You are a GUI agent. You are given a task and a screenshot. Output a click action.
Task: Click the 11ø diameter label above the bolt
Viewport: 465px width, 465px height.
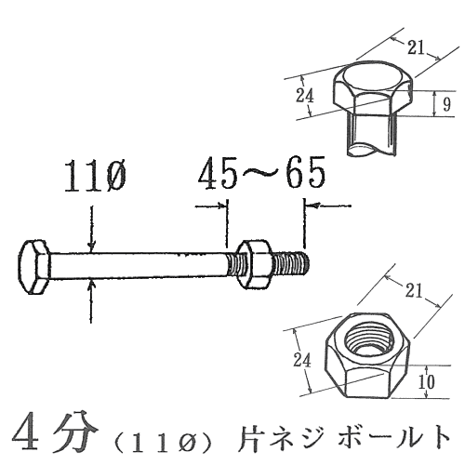pos(95,176)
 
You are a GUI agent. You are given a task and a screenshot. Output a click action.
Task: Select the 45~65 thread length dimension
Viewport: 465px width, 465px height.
pos(262,172)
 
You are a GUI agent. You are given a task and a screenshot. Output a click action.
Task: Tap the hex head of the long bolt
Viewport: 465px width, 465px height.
pos(33,267)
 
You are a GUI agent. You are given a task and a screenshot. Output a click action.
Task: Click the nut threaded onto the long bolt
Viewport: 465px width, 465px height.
pos(254,264)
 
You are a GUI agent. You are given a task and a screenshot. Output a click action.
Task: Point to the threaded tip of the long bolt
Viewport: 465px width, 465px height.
pos(291,264)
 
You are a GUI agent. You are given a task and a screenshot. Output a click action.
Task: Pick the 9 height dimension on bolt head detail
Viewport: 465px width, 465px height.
pos(446,104)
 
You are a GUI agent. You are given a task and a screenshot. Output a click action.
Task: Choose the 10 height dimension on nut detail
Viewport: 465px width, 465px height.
pos(427,381)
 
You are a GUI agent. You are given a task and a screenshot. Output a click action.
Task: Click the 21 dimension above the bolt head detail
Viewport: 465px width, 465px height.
pos(416,48)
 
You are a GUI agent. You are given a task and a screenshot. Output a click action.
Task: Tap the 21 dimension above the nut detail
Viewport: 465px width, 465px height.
pos(414,290)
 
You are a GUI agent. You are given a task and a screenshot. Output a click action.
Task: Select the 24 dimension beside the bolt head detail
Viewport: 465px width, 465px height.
pos(305,96)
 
